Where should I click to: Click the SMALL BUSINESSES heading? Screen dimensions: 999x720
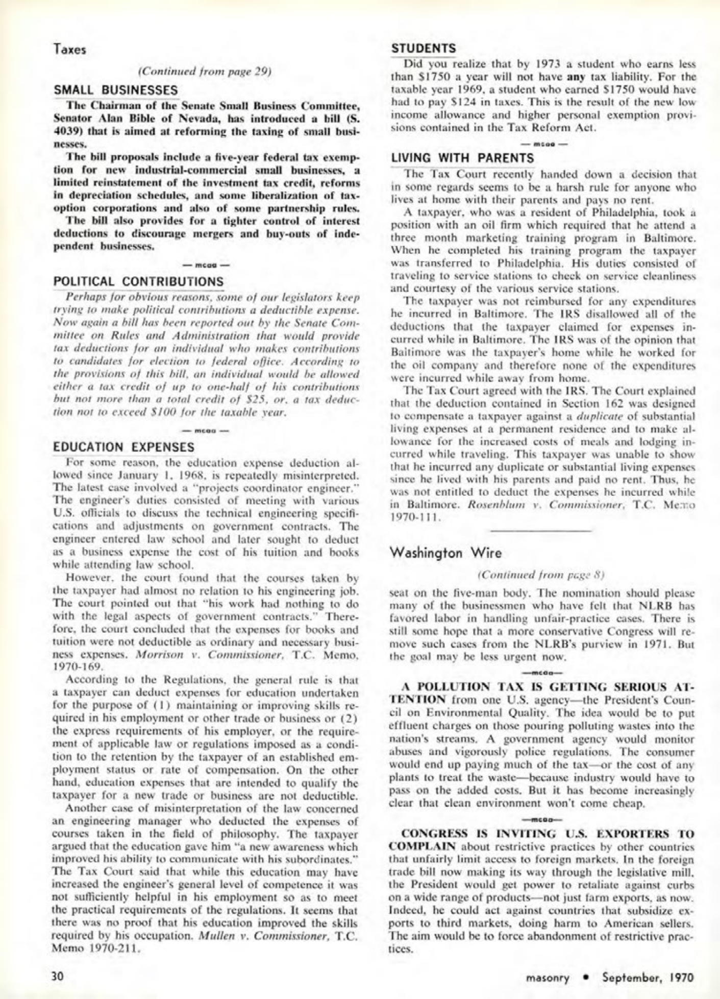click(x=116, y=90)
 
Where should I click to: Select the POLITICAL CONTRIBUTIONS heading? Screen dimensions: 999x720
click(x=138, y=281)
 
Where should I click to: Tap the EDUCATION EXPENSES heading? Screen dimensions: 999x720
click(x=124, y=447)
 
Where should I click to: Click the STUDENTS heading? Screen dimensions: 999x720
click(x=424, y=49)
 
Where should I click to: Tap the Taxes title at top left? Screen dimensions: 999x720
click(x=67, y=50)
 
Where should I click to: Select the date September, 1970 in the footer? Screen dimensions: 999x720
click(x=648, y=977)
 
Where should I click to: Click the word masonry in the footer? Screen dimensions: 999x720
click(x=548, y=978)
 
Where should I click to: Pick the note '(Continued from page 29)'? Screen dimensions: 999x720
click(x=204, y=72)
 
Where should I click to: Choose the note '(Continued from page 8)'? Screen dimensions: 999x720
click(x=541, y=575)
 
